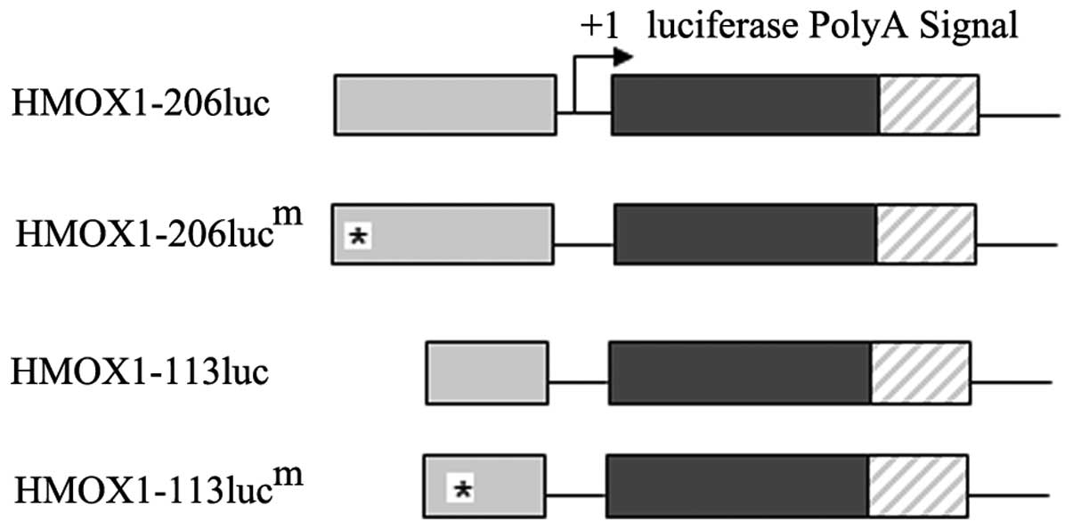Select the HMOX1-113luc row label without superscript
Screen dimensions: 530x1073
[x=139, y=371]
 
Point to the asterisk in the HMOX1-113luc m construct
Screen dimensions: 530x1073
[x=462, y=488]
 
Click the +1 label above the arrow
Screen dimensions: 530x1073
[x=599, y=27]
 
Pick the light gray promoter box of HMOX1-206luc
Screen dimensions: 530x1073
[x=445, y=105]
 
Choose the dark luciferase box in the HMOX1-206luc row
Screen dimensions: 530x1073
[x=744, y=105]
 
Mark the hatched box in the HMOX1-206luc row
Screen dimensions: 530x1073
[x=929, y=105]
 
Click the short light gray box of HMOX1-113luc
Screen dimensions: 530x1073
[x=487, y=374]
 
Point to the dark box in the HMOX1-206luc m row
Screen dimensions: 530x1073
[x=745, y=233]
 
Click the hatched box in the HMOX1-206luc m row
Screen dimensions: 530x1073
[x=925, y=233]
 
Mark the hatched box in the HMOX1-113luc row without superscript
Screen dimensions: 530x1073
[x=920, y=374]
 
